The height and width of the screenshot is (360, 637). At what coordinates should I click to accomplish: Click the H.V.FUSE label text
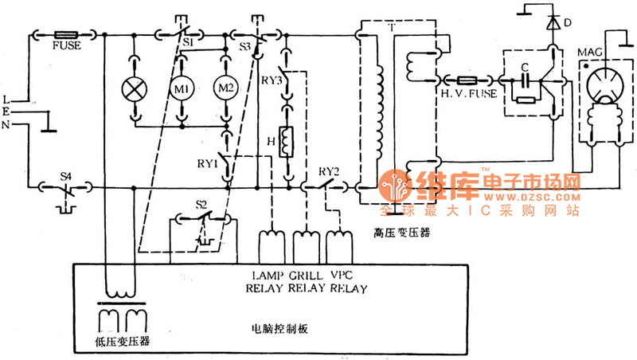pyautogui.click(x=469, y=94)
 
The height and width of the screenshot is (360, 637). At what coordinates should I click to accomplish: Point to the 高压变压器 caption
pyautogui.click(x=401, y=233)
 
